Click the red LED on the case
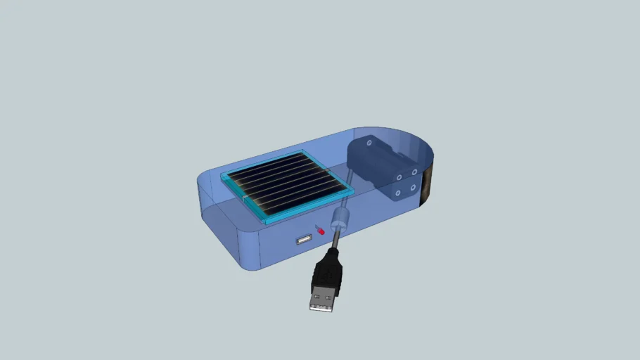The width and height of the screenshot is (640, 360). [x=321, y=230]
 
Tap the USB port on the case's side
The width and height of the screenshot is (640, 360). [x=304, y=241]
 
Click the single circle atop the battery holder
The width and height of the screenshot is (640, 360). [x=368, y=142]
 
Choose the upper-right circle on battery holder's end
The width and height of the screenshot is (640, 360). [x=414, y=171]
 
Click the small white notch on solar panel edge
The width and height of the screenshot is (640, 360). [x=244, y=199]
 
